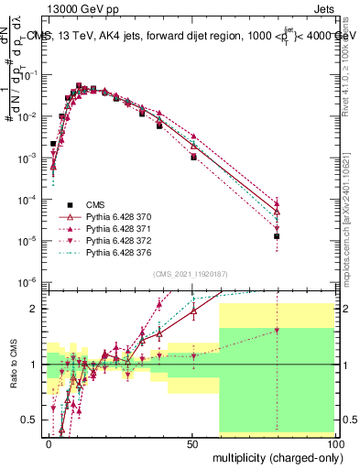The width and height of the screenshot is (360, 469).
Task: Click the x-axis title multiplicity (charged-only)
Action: click(x=273, y=455)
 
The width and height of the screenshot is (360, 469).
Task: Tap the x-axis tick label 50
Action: click(x=192, y=442)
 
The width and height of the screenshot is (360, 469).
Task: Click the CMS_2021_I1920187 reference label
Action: click(x=191, y=274)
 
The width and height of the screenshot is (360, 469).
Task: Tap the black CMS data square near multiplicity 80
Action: click(x=277, y=236)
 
